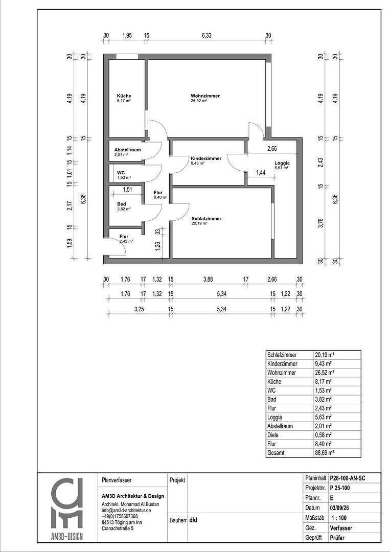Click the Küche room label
[x=124, y=96]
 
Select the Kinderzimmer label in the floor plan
[x=206, y=158]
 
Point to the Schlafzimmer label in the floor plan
[x=206, y=218]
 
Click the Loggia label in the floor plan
[x=281, y=163]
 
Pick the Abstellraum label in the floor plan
[x=127, y=150]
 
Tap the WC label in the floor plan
[x=121, y=173]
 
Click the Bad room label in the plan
[x=121, y=203]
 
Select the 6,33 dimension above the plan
[x=207, y=35]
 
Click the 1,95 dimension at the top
[x=127, y=35]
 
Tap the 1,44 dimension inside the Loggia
[x=261, y=173]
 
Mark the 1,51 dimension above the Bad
[x=127, y=190]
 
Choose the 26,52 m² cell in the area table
[x=325, y=373]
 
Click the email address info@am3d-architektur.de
[x=126, y=510]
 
